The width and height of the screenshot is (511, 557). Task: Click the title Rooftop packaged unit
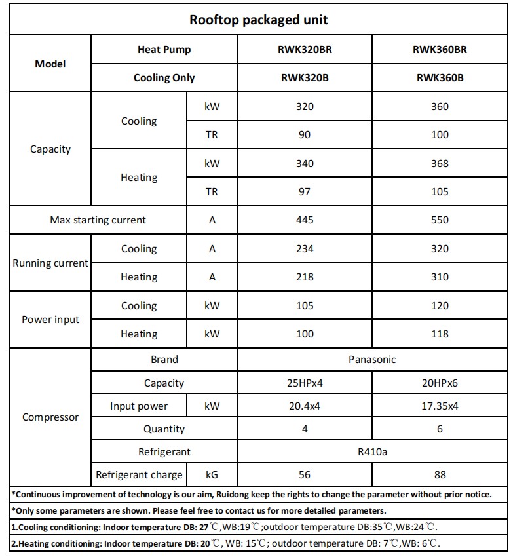258,20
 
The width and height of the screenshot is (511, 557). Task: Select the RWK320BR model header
305,50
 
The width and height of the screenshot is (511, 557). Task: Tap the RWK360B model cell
440,77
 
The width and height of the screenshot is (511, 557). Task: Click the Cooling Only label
164,77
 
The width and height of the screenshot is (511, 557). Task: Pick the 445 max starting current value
305,220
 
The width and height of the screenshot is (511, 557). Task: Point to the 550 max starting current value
440,220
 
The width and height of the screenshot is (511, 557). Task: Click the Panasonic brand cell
372,359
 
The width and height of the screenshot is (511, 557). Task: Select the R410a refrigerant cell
372,451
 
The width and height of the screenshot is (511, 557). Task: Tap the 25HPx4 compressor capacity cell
305,383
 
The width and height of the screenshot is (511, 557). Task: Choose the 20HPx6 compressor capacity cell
440,383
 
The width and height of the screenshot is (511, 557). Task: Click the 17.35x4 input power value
440,406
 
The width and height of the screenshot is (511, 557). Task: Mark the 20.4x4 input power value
305,406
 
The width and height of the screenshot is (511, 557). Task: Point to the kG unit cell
212,474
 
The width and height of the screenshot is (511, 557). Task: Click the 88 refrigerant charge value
440,474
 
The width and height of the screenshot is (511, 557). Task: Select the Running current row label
50,263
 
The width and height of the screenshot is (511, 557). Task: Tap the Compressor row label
50,417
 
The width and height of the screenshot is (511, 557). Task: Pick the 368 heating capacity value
440,164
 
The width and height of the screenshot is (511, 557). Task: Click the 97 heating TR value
305,192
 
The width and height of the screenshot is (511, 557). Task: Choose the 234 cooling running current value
305,249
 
